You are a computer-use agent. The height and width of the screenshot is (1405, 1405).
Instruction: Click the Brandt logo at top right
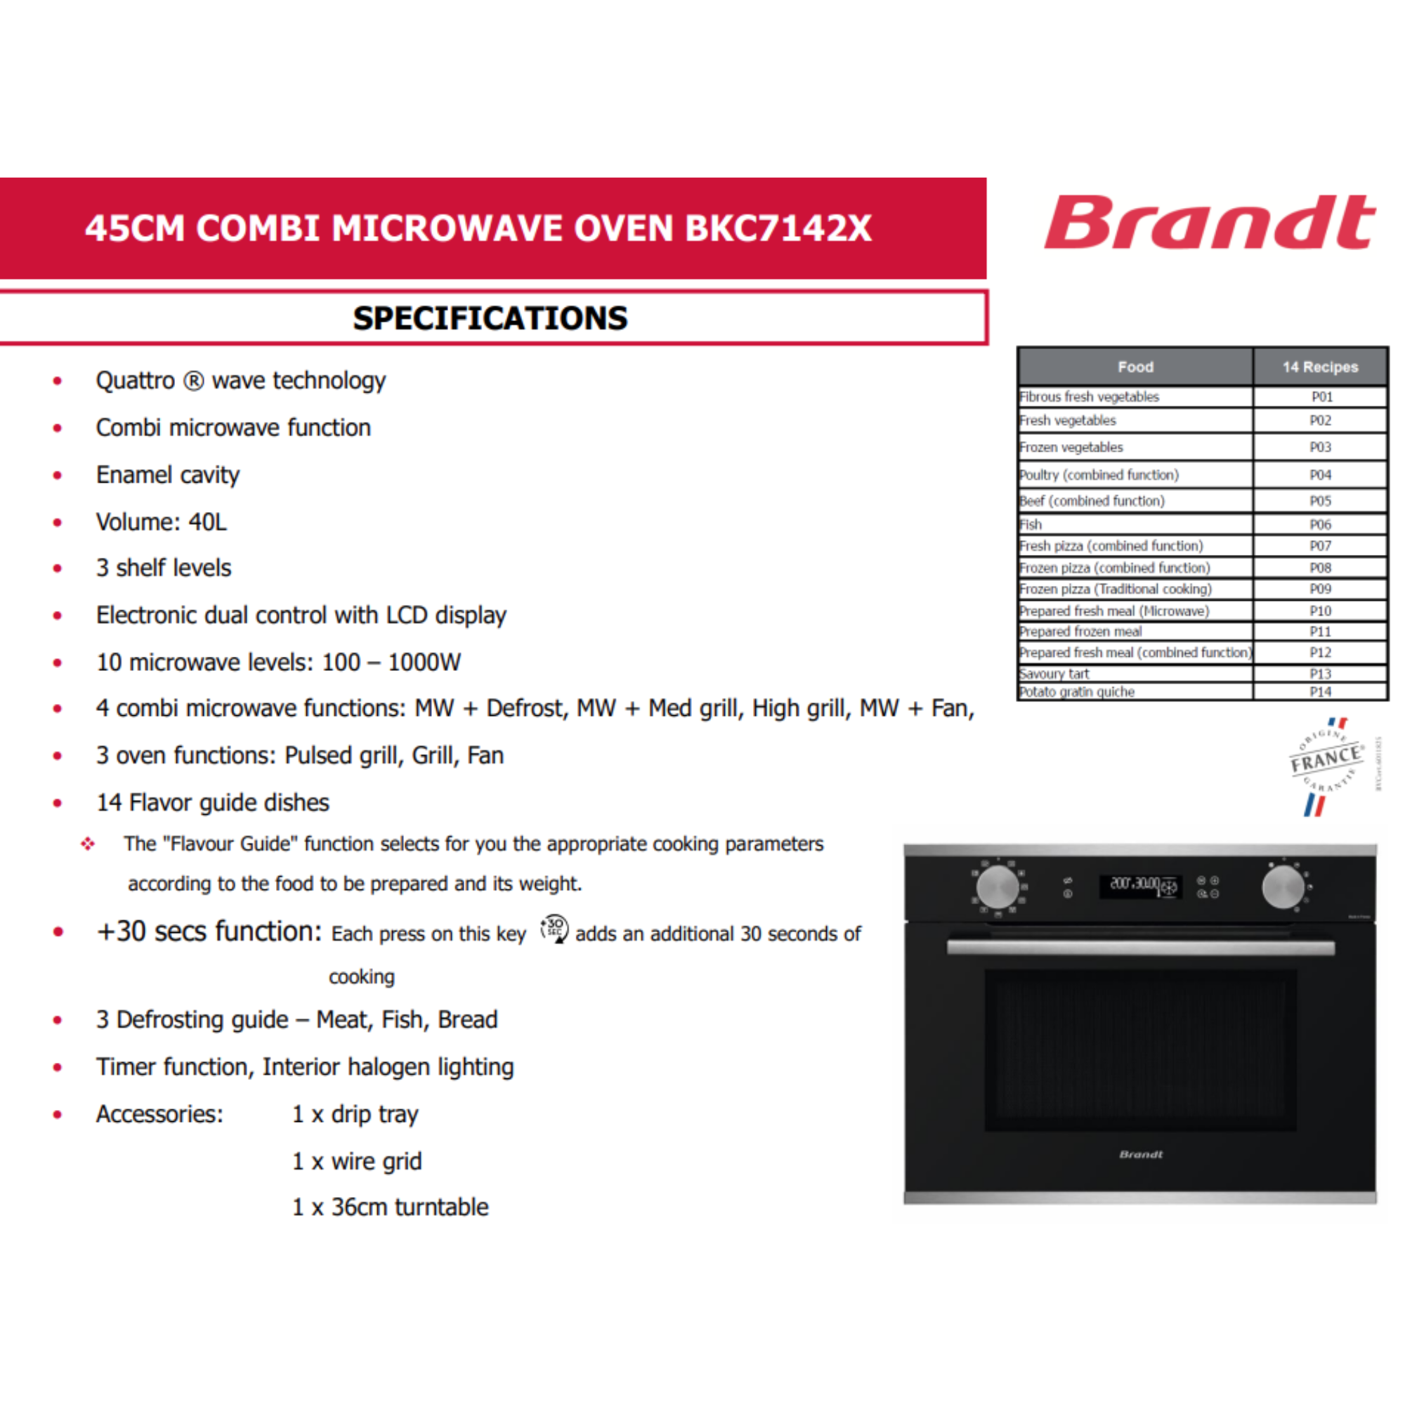pyautogui.click(x=1208, y=223)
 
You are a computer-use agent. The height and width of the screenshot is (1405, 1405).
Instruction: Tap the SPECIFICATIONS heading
pyautogui.click(x=490, y=318)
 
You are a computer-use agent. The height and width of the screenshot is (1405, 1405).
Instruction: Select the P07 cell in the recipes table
pyautogui.click(x=1320, y=546)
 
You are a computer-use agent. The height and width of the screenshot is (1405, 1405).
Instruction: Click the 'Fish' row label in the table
pyautogui.click(x=1031, y=524)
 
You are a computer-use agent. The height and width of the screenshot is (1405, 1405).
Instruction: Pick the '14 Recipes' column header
pyautogui.click(x=1320, y=367)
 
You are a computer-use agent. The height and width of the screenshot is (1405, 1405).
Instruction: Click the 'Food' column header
pyautogui.click(x=1135, y=367)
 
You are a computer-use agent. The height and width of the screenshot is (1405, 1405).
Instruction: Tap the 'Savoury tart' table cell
pyautogui.click(x=1054, y=674)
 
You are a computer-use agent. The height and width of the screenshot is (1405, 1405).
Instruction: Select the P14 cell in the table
pyautogui.click(x=1320, y=691)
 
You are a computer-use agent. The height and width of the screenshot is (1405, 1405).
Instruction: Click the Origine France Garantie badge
pyautogui.click(x=1325, y=766)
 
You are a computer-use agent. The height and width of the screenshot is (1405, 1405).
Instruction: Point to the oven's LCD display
pyautogui.click(x=1139, y=886)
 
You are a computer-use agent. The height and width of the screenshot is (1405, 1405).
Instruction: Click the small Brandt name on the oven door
pyautogui.click(x=1140, y=1154)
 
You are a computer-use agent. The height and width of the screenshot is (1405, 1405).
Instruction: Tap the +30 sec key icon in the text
pyautogui.click(x=554, y=929)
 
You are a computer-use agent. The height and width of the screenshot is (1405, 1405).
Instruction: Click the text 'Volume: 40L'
pyautogui.click(x=162, y=522)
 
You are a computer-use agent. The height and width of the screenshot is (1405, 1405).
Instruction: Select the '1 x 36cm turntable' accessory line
pyautogui.click(x=390, y=1207)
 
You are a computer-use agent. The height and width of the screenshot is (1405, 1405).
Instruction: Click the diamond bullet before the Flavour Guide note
pyautogui.click(x=88, y=844)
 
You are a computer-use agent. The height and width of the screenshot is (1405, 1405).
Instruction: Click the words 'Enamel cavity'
pyautogui.click(x=168, y=475)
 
